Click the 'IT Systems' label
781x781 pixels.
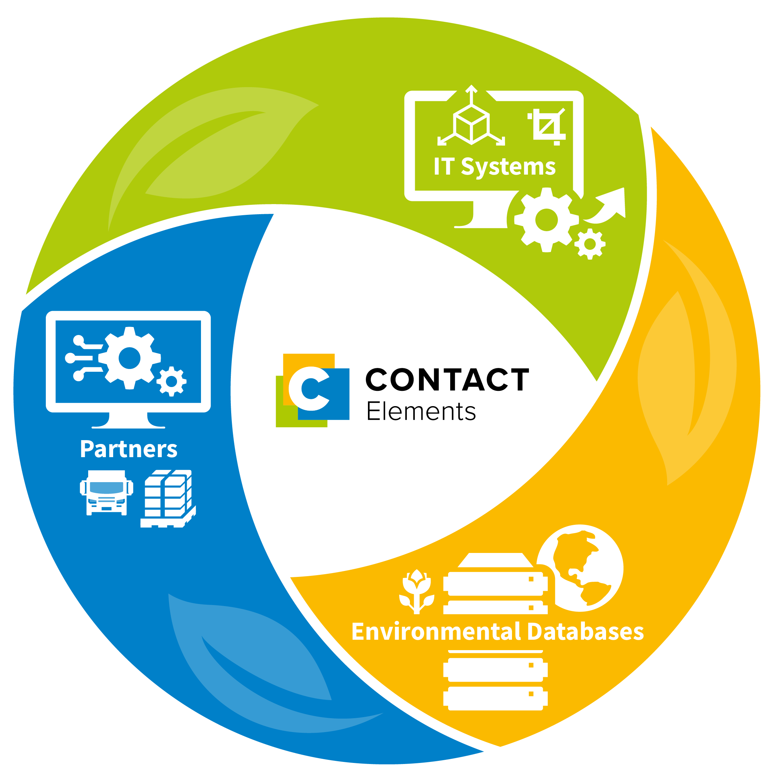coord(494,167)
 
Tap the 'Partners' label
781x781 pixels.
coord(128,449)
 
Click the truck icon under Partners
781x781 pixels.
coord(107,492)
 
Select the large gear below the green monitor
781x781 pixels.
coord(546,220)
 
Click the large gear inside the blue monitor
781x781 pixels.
coord(129,358)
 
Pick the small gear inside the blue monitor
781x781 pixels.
coord(171,381)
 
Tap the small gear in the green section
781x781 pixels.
coord(590,244)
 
